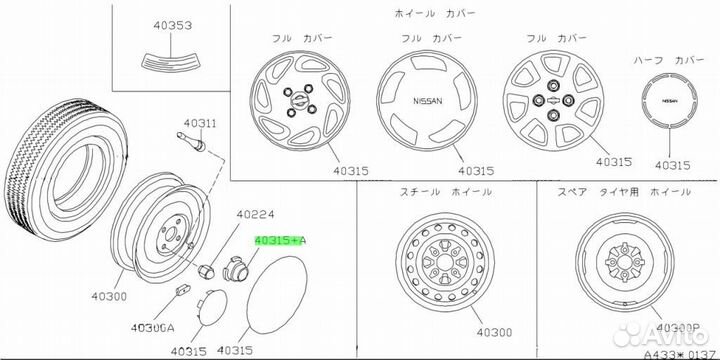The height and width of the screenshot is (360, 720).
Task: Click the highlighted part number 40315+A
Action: tap(281, 241)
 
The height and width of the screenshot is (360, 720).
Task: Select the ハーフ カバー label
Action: tap(664, 58)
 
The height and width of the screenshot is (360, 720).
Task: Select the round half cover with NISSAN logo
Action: tap(665, 102)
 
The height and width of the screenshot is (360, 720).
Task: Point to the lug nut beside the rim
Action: tap(207, 270)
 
